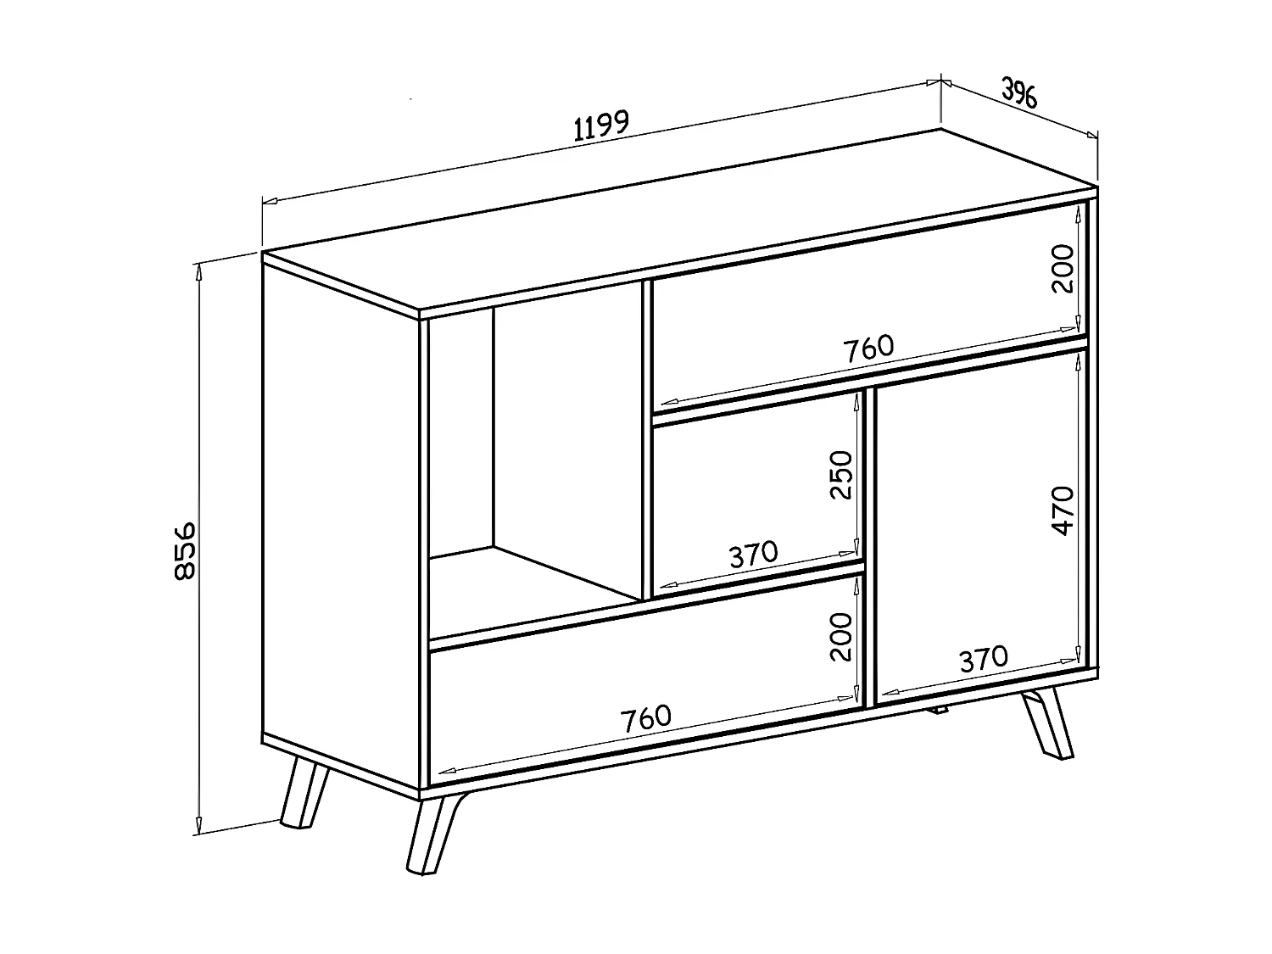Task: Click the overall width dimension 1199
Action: [x=601, y=126]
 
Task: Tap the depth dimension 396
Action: [x=1019, y=92]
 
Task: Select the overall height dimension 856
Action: [x=185, y=550]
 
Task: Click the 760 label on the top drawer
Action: [x=868, y=348]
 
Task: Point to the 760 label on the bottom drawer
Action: [x=646, y=717]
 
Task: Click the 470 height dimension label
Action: [x=1062, y=510]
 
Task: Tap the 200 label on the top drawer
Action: [x=1062, y=268]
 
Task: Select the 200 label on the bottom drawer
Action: [x=840, y=637]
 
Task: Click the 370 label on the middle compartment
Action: [x=753, y=555]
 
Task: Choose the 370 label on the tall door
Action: [x=984, y=659]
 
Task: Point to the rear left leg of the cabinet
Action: [x=303, y=793]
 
